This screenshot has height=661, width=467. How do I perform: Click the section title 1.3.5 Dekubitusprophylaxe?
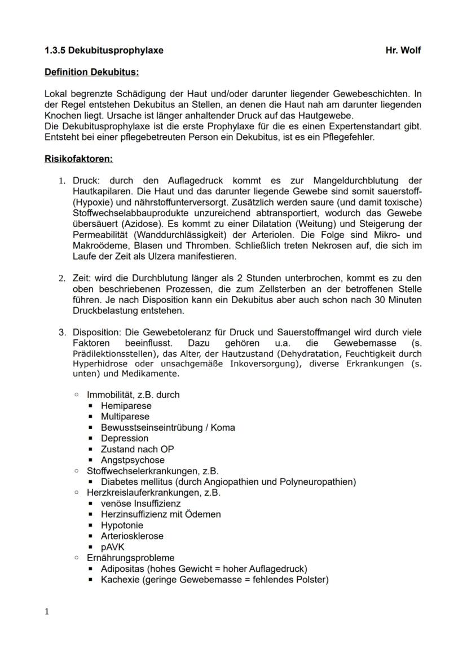(104, 50)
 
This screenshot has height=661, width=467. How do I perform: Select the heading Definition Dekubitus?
(91, 72)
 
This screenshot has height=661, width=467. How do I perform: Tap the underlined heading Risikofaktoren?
(78, 159)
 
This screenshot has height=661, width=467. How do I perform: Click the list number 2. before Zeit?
(62, 278)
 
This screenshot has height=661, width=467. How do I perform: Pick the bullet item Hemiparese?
(126, 406)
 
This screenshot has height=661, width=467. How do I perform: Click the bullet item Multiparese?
(125, 417)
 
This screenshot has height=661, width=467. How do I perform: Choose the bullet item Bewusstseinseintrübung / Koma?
(168, 427)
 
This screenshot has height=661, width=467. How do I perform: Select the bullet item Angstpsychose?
(133, 460)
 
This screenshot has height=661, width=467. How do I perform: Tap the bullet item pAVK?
(113, 547)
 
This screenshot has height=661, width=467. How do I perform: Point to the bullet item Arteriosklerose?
(132, 536)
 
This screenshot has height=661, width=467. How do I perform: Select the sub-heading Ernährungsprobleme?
(130, 558)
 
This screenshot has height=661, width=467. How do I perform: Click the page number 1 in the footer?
(47, 612)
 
